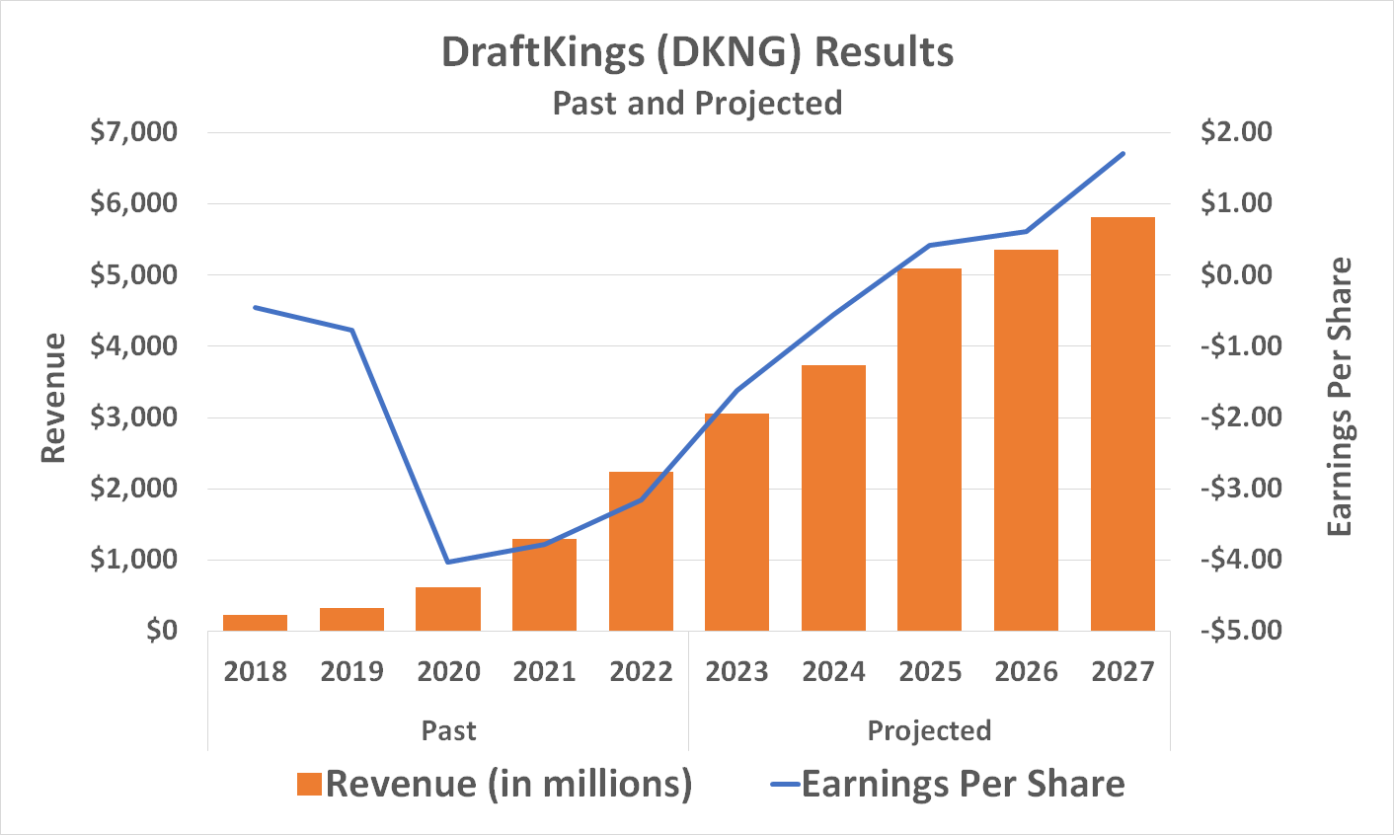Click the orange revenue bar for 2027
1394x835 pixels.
pos(1123,424)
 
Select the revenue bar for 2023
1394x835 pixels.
pos(736,522)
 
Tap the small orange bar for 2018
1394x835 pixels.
pos(255,623)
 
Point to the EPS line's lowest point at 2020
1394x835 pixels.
pos(448,562)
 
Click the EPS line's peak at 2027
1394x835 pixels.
pos(1123,154)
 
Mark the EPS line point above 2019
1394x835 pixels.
pos(351,330)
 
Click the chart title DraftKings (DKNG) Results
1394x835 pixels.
pos(697,52)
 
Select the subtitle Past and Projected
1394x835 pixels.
pos(697,103)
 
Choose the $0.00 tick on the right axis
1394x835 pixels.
pos(1238,274)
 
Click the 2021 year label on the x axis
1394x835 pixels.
pos(544,672)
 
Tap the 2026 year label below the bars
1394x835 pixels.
pos(1027,672)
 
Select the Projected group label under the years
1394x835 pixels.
pos(929,730)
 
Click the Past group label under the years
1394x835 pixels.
pos(448,730)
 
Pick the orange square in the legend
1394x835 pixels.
pos(309,785)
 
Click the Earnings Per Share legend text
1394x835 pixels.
pos(963,784)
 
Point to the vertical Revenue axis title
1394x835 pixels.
pos(53,398)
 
